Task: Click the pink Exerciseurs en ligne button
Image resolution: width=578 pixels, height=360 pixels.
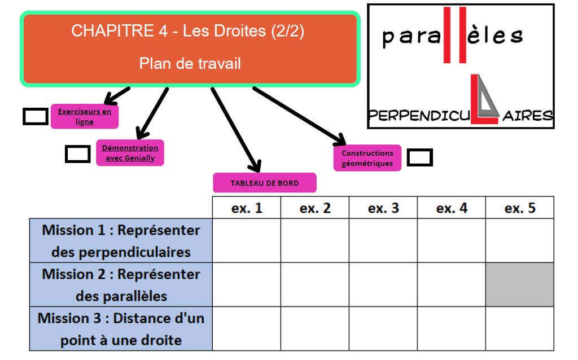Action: click(x=85, y=116)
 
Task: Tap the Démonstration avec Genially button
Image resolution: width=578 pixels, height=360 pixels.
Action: click(x=130, y=152)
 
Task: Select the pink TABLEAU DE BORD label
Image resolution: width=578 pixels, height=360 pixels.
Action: click(x=264, y=183)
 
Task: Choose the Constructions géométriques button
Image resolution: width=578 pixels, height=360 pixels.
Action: click(x=367, y=158)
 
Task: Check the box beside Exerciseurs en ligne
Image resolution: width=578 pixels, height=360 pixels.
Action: click(x=36, y=116)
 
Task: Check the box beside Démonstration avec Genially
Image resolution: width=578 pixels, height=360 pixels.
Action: click(x=78, y=154)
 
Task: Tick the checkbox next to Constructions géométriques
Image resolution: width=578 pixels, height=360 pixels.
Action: click(x=419, y=157)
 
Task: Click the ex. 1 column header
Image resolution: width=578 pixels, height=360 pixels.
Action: click(x=247, y=208)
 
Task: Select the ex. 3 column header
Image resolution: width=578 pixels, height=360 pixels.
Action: click(x=383, y=208)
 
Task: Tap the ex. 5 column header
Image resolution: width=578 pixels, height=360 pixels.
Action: click(x=519, y=208)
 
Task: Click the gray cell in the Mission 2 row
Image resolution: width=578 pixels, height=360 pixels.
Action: click(x=519, y=284)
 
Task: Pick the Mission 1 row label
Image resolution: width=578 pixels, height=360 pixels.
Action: click(x=121, y=241)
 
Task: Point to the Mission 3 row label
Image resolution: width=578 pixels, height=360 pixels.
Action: click(x=121, y=329)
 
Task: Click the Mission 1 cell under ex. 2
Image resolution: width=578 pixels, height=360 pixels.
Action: click(x=315, y=241)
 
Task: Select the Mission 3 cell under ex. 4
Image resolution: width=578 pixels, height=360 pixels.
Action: click(x=452, y=329)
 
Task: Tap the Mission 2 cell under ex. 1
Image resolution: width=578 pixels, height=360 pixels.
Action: click(x=247, y=284)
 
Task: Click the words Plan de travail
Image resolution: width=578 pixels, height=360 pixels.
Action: click(x=190, y=63)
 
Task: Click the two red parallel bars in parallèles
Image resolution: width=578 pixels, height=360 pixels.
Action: click(x=454, y=34)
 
